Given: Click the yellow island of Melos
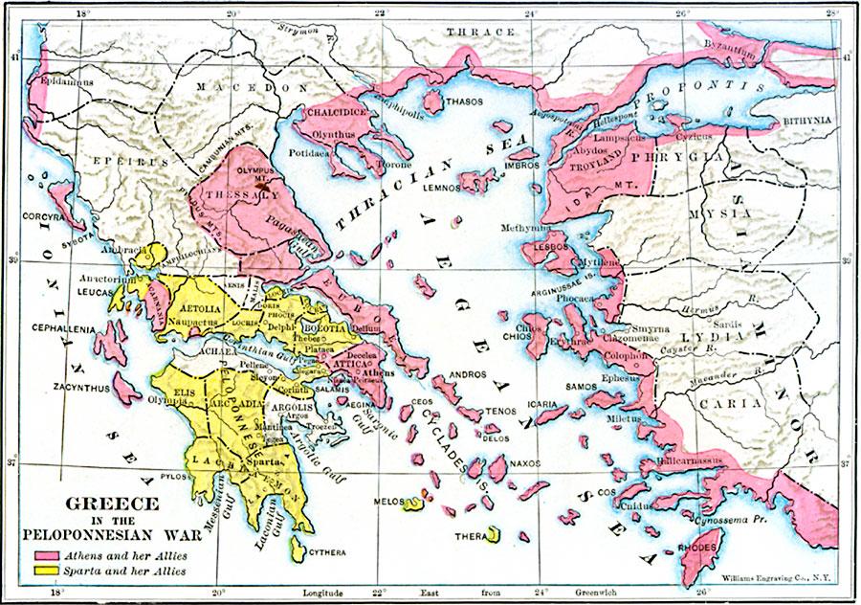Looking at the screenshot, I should point(414,504).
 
